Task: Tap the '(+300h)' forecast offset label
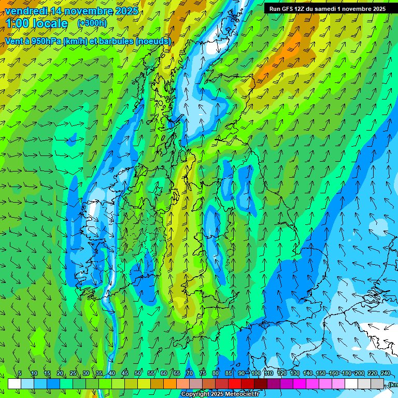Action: pos(92,23)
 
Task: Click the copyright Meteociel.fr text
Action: pos(220,394)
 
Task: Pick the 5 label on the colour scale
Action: pos(20,373)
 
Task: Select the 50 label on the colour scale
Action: pos(138,373)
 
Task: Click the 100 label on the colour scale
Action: pos(256,373)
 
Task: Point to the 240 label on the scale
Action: pos(386,373)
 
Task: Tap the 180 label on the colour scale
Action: pos(347,373)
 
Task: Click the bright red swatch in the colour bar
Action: pos(235,383)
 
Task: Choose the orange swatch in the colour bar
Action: pos(170,383)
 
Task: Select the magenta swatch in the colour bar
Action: pos(300,383)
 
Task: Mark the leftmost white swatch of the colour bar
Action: pos(15,383)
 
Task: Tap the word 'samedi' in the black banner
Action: pos(325,9)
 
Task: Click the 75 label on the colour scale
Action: pos(203,373)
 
